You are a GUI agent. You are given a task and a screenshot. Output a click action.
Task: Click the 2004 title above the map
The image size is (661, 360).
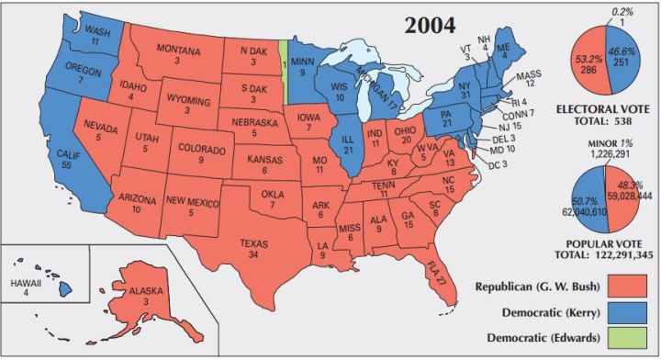point(432,26)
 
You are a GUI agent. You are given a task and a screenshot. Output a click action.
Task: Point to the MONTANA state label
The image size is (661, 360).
point(178,48)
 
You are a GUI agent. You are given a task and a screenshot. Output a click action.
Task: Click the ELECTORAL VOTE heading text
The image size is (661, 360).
point(603,109)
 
